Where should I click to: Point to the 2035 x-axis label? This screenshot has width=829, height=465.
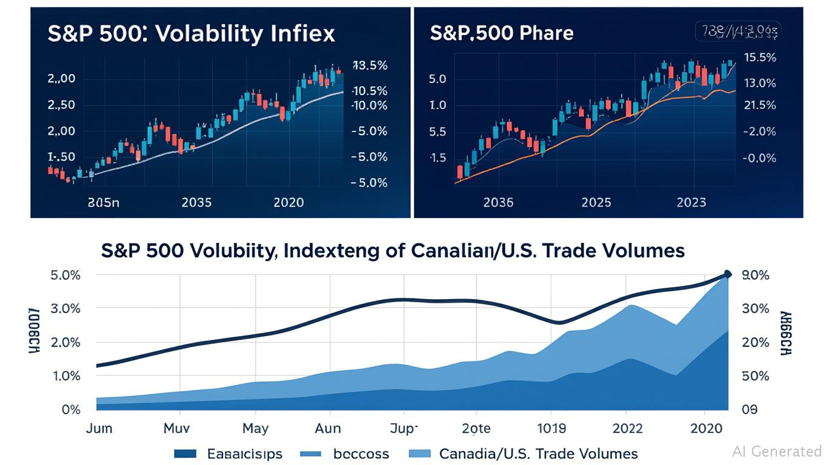[x=196, y=202]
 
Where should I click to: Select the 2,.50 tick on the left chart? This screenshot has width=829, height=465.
[x=61, y=105]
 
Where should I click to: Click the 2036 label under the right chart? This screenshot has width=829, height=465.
[x=498, y=202]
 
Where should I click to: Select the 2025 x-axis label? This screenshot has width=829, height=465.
[x=596, y=202]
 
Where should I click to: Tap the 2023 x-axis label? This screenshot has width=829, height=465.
[x=691, y=202]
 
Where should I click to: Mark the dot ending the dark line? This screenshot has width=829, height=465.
[x=728, y=274]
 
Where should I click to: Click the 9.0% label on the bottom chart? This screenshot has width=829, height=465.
[x=755, y=275]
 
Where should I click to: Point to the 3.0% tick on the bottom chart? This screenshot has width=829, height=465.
[x=63, y=309]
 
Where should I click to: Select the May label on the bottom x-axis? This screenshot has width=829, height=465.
[x=255, y=429]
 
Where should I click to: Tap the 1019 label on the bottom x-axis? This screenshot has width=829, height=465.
[x=552, y=429]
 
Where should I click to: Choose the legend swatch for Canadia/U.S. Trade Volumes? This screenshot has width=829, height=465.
[x=420, y=453]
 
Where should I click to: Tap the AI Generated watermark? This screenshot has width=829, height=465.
[x=777, y=451]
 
